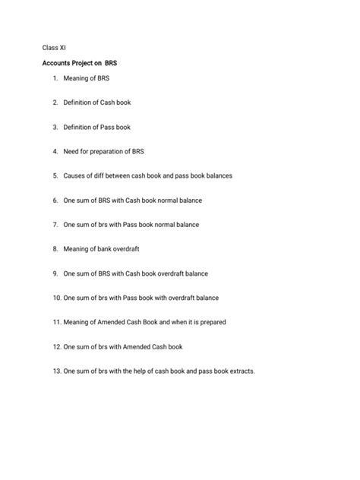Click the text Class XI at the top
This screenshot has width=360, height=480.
click(x=55, y=48)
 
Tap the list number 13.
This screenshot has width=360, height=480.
click(x=57, y=371)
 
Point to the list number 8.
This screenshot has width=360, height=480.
click(x=55, y=248)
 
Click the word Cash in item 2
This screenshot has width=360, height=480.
click(x=111, y=102)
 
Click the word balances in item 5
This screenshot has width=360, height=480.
click(x=217, y=175)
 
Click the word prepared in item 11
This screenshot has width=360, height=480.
click(x=212, y=322)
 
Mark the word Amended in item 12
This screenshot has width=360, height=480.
click(x=135, y=346)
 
